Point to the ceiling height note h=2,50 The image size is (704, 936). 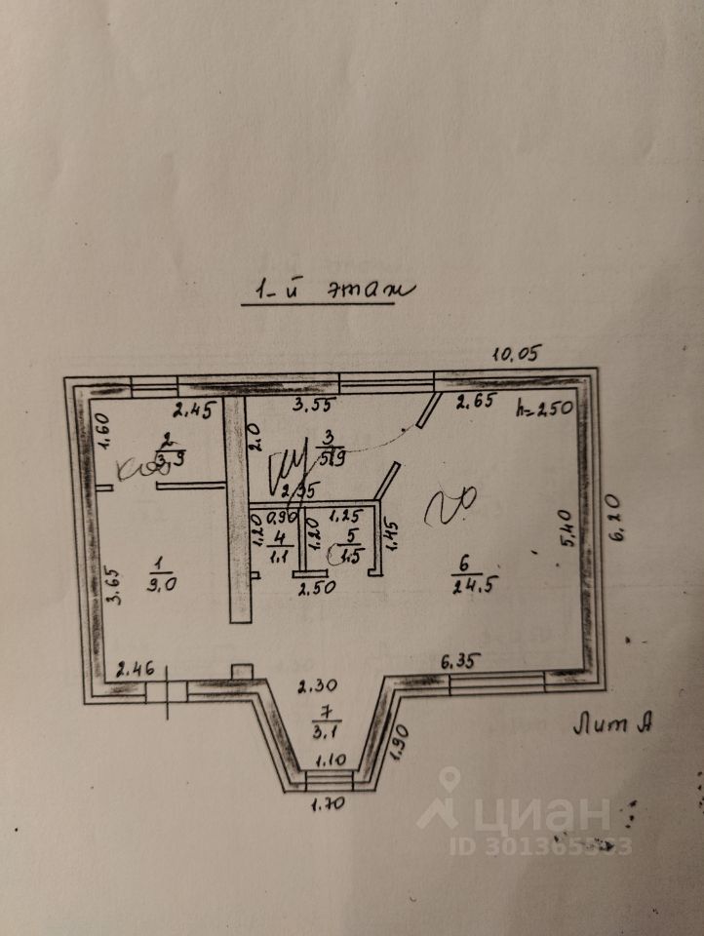pyautogui.click(x=545, y=409)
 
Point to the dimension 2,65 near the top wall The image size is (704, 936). pyautogui.click(x=477, y=400)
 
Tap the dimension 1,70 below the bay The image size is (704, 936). pyautogui.click(x=328, y=804)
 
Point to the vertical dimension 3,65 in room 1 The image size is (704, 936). pyautogui.click(x=114, y=586)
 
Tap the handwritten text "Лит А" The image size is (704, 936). pyautogui.click(x=612, y=724)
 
